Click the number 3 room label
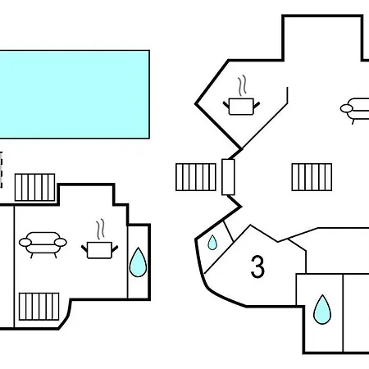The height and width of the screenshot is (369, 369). click(257, 266)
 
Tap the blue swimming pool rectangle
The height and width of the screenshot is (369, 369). click(75, 94)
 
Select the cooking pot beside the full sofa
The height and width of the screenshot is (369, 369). click(99, 250)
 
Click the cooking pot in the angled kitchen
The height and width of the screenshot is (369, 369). click(241, 107)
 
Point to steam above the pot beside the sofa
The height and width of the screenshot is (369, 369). click(100, 229)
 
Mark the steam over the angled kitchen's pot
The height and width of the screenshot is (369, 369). click(242, 85)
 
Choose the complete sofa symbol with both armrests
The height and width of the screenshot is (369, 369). click(43, 244)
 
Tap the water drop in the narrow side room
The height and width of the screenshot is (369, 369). click(138, 262)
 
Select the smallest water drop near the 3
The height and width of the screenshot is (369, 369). click(212, 243)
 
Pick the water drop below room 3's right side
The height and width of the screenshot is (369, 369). click(322, 310)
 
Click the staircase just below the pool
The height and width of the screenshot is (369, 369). click(34, 187)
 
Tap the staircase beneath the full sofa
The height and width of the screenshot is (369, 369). click(39, 307)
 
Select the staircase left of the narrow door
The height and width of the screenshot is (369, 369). click(196, 177)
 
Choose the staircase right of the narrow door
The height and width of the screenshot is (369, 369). click(312, 177)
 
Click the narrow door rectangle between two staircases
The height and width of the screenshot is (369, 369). click(228, 177)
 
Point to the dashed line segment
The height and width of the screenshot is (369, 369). click(1, 170)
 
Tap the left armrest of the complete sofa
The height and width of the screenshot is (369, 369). click(25, 242)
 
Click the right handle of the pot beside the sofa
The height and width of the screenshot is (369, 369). click(115, 248)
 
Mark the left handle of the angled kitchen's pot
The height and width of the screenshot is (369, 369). click(226, 105)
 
